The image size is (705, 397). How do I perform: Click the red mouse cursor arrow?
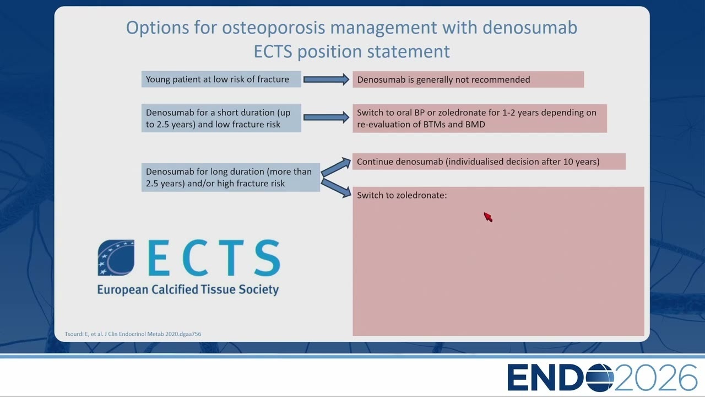point(488,217)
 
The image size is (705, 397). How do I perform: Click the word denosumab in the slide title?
point(530,28)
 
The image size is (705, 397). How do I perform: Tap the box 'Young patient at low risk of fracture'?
point(221,79)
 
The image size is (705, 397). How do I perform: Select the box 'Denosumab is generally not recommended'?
point(468,79)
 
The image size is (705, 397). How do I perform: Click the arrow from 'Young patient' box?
point(326,79)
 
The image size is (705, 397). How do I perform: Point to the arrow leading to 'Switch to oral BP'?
point(326,117)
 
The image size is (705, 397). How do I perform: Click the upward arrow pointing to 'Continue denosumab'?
point(335,167)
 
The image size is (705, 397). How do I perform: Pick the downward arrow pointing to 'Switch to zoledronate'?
point(336,188)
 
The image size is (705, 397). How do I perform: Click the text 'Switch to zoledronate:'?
point(402,195)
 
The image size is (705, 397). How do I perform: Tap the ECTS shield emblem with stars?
point(116,257)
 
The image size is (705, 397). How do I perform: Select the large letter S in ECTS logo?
point(267,257)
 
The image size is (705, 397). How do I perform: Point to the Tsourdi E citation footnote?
point(133,334)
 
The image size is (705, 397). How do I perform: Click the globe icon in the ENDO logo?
point(600,378)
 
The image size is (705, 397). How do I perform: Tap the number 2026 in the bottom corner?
point(656,378)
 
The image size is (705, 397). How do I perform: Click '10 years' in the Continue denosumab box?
point(581,162)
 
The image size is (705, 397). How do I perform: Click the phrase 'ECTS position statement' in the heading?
point(352,51)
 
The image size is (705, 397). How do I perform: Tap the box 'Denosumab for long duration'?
point(231,178)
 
